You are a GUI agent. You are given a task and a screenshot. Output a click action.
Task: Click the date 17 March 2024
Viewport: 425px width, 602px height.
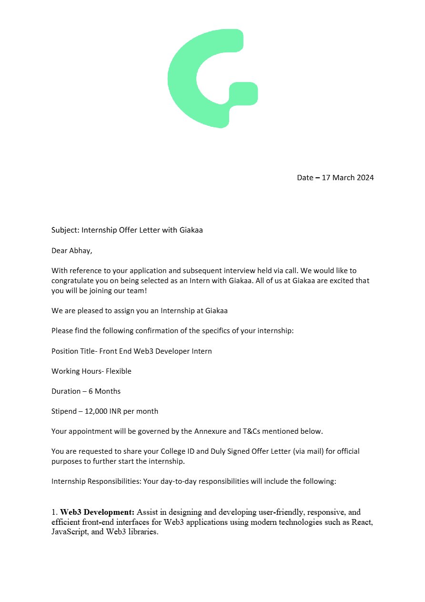[x=348, y=178]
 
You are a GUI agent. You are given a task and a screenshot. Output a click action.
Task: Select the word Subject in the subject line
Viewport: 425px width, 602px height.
[x=65, y=230]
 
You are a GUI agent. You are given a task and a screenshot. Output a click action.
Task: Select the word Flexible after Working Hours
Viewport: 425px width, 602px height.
[x=119, y=371]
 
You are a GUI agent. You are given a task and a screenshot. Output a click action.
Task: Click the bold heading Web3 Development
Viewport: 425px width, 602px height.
[x=97, y=512]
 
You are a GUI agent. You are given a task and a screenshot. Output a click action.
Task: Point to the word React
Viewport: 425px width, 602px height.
[x=362, y=522]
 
